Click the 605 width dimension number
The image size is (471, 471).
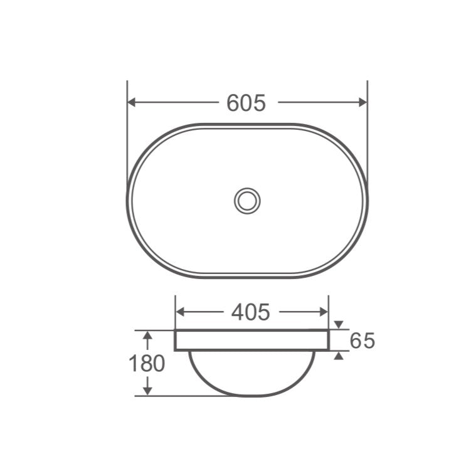(246, 102)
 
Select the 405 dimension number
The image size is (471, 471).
(250, 311)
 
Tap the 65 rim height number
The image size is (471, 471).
(362, 341)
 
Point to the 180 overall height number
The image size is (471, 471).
(146, 363)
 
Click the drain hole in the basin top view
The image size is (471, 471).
(247, 200)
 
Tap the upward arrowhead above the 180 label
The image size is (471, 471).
(147, 337)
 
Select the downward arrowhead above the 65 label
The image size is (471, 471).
(339, 325)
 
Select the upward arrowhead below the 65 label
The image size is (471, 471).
(339, 355)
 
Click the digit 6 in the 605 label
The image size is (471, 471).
(233, 102)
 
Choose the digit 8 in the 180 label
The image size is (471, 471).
(146, 363)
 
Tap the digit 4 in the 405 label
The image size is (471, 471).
(238, 311)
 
